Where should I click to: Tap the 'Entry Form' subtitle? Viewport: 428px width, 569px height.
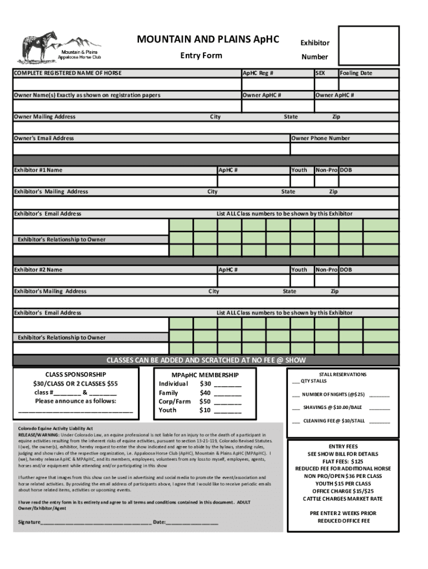(201, 56)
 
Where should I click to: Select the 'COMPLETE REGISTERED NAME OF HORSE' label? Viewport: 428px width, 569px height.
(68, 73)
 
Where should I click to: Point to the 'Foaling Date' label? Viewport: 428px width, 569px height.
(356, 73)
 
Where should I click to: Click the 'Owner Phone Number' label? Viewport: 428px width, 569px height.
(321, 138)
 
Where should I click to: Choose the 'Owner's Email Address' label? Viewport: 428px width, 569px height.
(44, 138)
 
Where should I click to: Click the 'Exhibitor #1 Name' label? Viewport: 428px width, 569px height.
(38, 170)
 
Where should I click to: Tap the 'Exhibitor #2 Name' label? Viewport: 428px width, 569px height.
(38, 269)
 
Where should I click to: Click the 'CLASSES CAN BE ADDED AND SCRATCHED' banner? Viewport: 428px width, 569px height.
(206, 360)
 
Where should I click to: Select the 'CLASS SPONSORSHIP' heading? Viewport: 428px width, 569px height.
(75, 375)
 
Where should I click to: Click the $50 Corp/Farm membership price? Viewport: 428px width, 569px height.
(205, 401)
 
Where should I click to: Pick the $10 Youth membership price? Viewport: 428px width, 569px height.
(205, 410)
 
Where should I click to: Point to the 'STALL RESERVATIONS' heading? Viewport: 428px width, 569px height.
(343, 375)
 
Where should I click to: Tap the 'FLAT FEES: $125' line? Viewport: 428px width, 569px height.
(343, 461)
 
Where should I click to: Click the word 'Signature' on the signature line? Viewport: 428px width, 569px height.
(29, 522)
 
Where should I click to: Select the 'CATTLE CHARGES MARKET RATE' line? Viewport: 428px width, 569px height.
(343, 498)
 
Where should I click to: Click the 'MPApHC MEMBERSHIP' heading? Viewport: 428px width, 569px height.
(198, 375)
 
